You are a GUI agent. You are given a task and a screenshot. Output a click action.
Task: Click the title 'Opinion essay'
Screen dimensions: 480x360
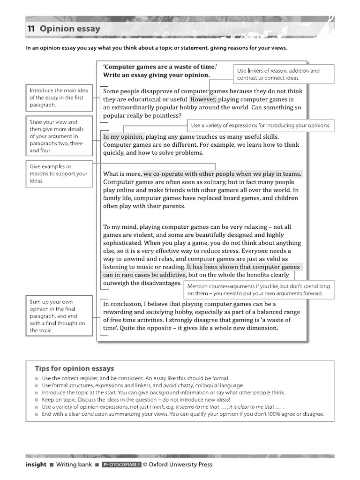pyautogui.click(x=70, y=29)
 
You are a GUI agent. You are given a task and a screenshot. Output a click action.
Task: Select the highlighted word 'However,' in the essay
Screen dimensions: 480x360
pyautogui.click(x=203, y=99)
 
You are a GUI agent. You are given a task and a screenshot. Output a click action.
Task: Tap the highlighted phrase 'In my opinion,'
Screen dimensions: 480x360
pyautogui.click(x=123, y=136)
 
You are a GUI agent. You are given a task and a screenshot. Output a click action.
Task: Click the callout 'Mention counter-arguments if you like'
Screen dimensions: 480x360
pyautogui.click(x=259, y=289)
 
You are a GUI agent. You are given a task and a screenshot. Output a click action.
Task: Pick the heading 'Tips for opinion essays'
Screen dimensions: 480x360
pyautogui.click(x=74, y=368)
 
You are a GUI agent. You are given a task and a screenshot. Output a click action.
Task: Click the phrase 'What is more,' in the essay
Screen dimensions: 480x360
pyautogui.click(x=122, y=174)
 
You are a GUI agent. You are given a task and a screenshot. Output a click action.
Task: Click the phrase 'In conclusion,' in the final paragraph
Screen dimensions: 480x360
pyautogui.click(x=123, y=304)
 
